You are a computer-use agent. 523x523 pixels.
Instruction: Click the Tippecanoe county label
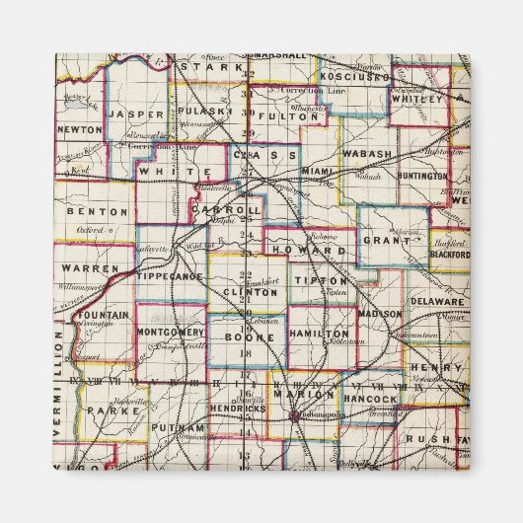[169, 276]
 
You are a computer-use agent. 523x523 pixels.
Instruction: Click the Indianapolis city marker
[293, 415]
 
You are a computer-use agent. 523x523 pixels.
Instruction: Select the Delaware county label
[436, 300]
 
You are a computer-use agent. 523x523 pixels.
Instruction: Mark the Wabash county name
[368, 155]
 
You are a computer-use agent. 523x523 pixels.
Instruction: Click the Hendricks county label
[237, 408]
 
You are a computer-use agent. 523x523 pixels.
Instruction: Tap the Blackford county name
[450, 254]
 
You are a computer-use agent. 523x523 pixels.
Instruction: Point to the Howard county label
[313, 252]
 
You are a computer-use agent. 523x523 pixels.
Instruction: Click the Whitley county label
[418, 99]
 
